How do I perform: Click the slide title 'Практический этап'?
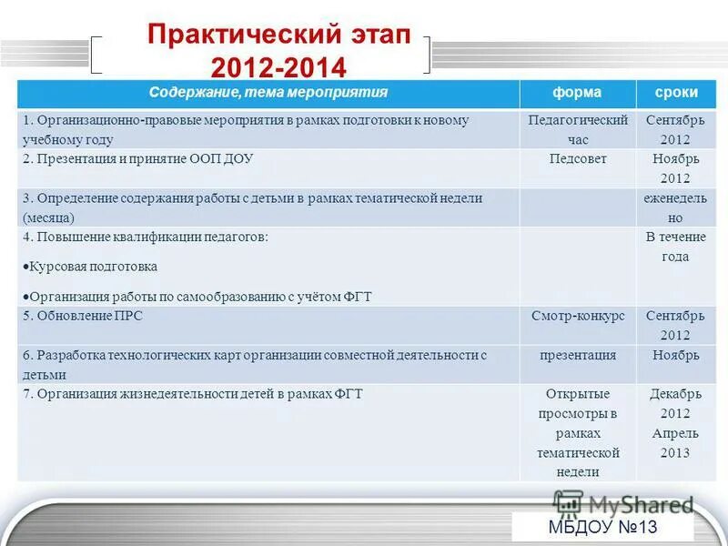[x=279, y=36]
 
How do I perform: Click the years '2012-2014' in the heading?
[x=278, y=68]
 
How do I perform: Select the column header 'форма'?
[x=577, y=93]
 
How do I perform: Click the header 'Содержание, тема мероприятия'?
[x=268, y=93]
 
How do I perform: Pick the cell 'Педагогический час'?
[x=577, y=129]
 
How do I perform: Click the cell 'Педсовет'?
[x=577, y=158]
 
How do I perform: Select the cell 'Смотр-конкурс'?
[x=577, y=316]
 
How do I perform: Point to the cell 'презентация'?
[x=577, y=355]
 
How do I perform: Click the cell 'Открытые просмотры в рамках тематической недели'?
[x=577, y=432]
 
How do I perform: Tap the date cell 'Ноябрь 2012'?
[x=675, y=167]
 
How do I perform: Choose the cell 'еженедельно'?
[x=675, y=207]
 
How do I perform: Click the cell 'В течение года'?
[x=675, y=247]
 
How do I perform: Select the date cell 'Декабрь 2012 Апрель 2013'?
[x=675, y=423]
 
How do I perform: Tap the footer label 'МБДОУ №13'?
[x=602, y=528]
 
